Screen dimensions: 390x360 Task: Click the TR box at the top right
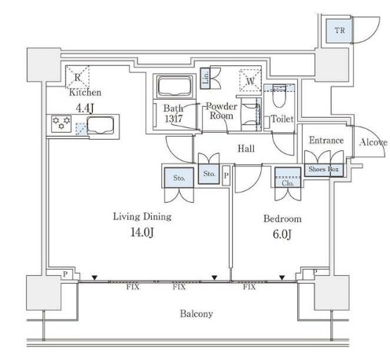coord(339,31)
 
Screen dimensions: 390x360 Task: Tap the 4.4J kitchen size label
coord(84,108)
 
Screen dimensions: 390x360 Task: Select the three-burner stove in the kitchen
coord(61,123)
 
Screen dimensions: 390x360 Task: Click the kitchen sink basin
coord(101,126)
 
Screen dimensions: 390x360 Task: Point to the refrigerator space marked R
coord(77,77)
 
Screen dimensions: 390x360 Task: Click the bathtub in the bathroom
coord(175,86)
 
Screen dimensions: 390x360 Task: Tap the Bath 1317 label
coord(173,114)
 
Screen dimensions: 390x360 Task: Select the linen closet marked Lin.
coord(205,78)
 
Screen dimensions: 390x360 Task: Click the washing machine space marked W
coord(250,80)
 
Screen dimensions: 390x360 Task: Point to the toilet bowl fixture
coord(279,96)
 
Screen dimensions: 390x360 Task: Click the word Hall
coord(246,149)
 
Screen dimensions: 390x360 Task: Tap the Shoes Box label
coord(323,169)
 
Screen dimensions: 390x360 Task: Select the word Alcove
coord(373,142)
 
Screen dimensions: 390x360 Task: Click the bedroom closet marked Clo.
coord(288,178)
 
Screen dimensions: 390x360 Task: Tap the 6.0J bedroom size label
coord(282,234)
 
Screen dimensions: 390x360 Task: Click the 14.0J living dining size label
coord(142,232)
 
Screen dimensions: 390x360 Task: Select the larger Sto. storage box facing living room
coord(179,178)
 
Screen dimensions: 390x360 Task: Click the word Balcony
coord(197,314)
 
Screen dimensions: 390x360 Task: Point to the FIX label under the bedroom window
coord(249,287)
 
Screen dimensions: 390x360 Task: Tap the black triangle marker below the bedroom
coord(282,277)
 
